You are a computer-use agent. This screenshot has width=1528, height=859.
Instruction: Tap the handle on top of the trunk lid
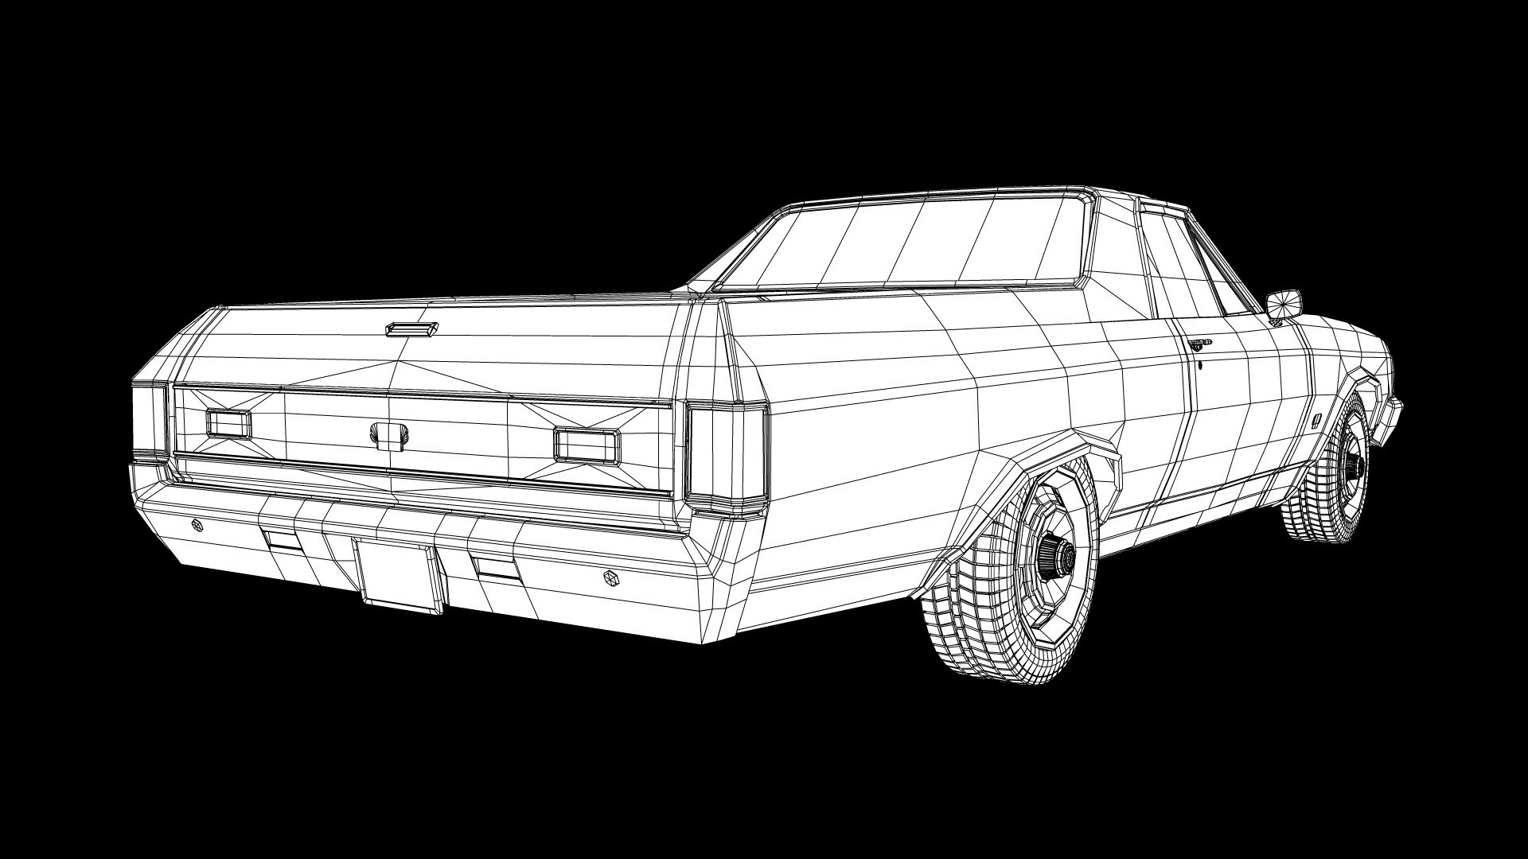click(411, 328)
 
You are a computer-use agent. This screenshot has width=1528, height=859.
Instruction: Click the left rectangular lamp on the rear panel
click(228, 423)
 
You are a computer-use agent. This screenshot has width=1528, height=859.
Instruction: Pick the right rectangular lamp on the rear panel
click(587, 445)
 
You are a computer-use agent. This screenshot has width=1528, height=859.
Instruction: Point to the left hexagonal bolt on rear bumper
click(197, 524)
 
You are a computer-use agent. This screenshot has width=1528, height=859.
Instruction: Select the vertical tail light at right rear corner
click(725, 454)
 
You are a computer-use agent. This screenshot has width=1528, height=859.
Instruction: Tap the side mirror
click(1283, 303)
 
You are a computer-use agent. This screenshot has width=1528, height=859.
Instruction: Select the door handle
click(1199, 344)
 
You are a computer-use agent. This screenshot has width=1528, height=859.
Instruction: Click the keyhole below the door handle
click(1199, 366)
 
